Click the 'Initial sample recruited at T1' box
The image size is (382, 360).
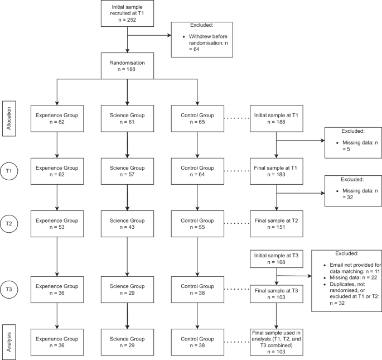pyautogui.click(x=128, y=13)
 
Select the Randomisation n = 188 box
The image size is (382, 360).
pyautogui.click(x=128, y=66)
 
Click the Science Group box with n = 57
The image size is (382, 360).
pyautogui.click(x=128, y=171)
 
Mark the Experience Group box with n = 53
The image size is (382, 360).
pyautogui.click(x=57, y=224)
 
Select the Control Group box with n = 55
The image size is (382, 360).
pyautogui.click(x=197, y=224)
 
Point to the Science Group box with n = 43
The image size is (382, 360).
pyautogui.click(x=128, y=224)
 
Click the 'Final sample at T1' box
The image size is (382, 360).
pyautogui.click(x=277, y=171)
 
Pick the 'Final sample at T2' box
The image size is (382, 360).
pyautogui.click(x=277, y=224)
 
